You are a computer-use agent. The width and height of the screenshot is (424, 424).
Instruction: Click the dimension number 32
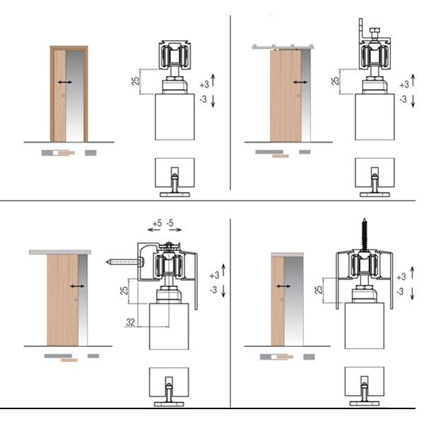click(130, 322)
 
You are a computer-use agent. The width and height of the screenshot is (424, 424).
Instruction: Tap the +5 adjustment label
click(157, 223)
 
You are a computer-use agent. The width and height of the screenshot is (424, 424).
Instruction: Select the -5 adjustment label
click(170, 223)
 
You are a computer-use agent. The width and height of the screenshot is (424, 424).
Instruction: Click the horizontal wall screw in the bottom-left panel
click(125, 261)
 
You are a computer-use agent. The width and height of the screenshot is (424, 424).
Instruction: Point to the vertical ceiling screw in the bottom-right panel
click(364, 235)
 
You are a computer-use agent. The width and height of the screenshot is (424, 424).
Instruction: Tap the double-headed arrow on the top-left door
click(65, 82)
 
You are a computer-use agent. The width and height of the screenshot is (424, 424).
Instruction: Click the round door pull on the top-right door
click(298, 95)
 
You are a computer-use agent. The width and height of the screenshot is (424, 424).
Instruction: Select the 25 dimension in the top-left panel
click(136, 81)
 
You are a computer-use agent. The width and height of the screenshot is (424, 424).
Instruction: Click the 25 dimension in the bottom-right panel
click(319, 289)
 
